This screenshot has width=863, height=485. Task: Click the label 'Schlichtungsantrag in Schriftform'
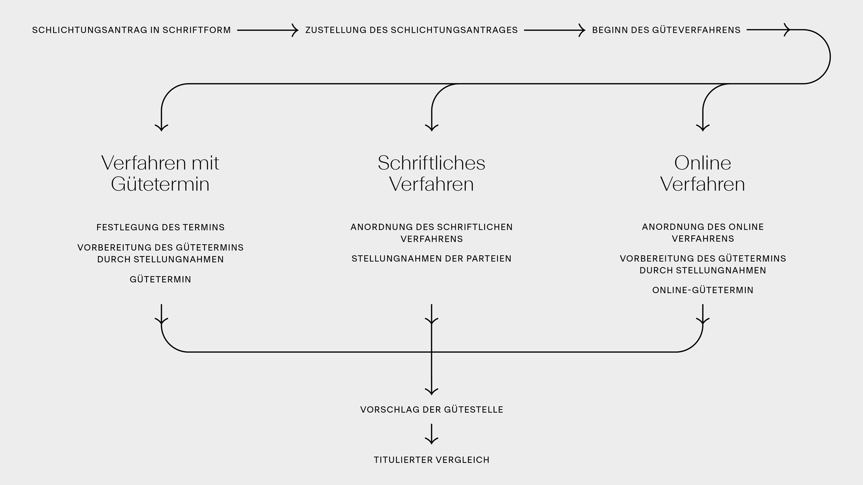coord(131,30)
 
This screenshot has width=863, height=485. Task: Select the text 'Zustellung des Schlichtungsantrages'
coord(411,30)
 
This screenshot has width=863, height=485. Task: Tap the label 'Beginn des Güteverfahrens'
coord(666,30)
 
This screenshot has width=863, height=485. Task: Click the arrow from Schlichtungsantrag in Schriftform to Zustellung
coord(267,30)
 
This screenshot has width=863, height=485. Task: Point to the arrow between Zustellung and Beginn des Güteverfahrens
coord(554,30)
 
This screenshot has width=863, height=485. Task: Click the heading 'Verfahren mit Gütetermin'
coord(160,173)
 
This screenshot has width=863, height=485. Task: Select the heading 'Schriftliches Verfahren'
coord(431,173)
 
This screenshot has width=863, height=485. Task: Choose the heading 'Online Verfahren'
coord(703,173)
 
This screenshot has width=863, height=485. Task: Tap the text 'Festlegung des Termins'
coord(160,227)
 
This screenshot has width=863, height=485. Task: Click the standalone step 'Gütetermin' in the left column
coord(160,279)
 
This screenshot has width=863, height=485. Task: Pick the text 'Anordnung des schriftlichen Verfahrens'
coord(431,233)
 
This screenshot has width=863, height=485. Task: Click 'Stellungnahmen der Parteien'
coord(431,259)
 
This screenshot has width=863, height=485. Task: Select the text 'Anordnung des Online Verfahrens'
coord(703,233)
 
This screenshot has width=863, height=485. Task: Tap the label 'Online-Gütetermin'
coord(703,290)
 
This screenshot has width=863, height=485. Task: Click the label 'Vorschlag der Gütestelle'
coord(431,410)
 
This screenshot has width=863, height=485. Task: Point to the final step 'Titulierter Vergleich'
coord(431,460)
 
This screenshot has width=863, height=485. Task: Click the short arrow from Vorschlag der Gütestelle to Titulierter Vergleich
coord(431,434)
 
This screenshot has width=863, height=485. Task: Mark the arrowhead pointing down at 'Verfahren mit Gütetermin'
coord(161,128)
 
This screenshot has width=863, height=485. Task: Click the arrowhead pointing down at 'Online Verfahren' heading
coord(703,128)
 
